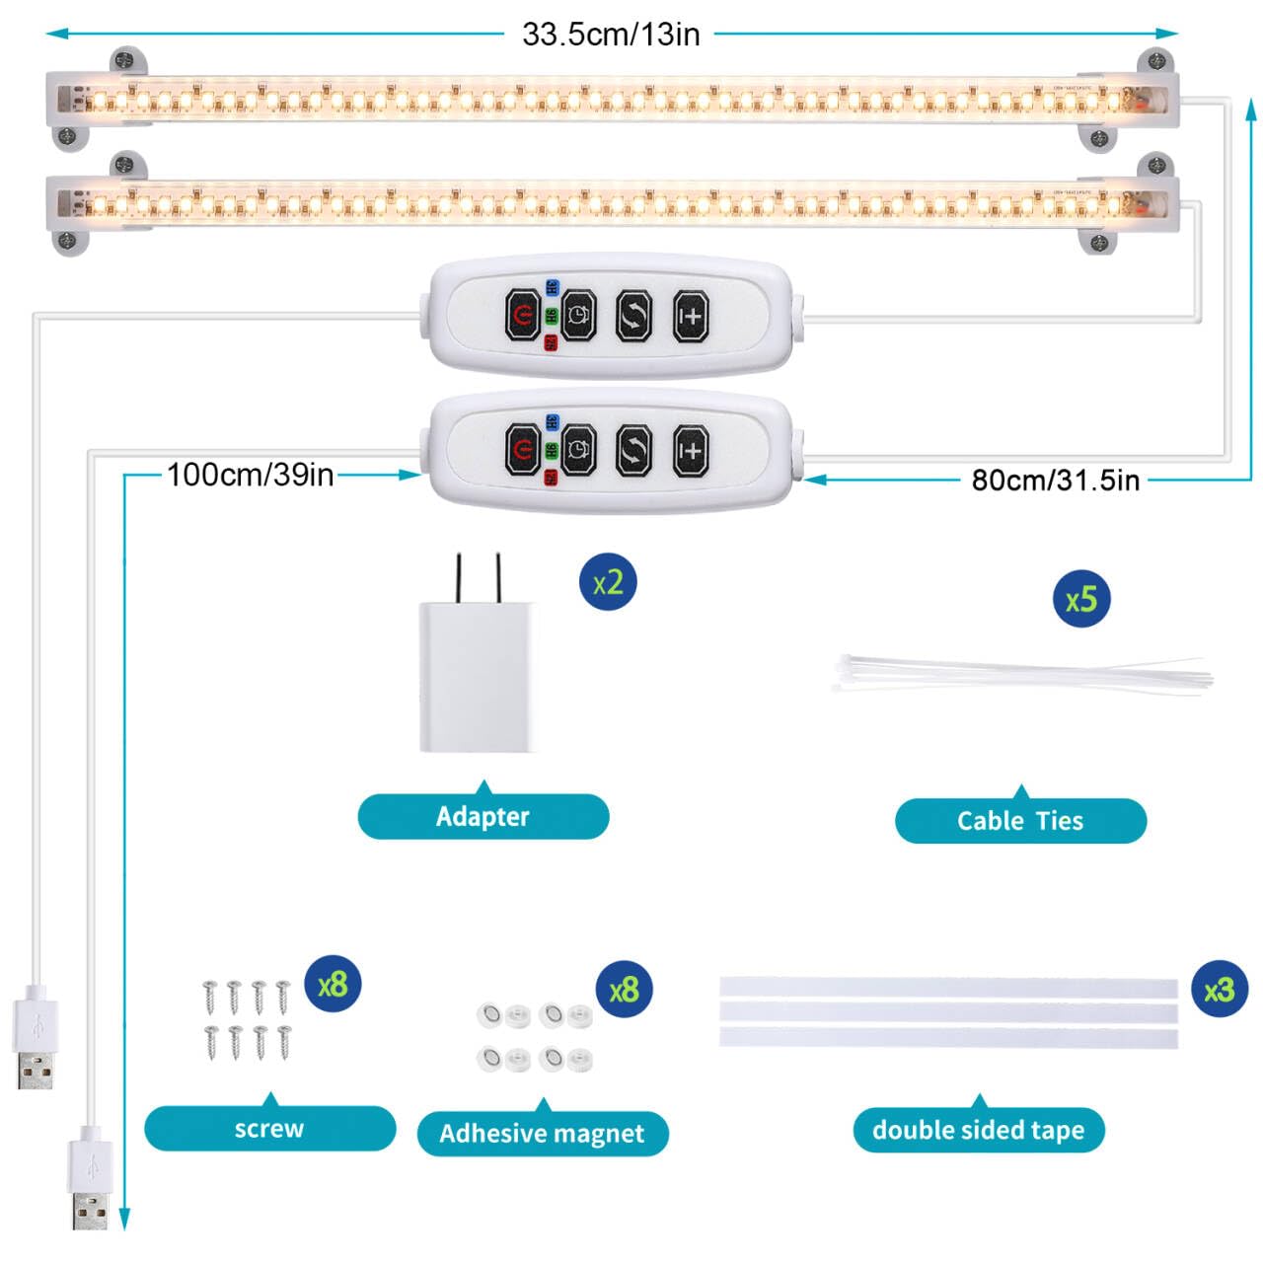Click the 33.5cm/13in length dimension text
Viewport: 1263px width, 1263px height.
click(x=611, y=35)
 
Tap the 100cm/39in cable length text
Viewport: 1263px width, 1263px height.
click(x=250, y=475)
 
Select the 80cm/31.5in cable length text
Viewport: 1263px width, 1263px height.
click(x=1055, y=481)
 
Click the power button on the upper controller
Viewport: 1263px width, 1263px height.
click(x=522, y=315)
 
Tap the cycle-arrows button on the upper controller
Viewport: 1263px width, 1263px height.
click(x=633, y=315)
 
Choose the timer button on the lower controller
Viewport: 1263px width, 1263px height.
click(x=578, y=450)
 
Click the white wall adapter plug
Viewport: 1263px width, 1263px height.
click(x=480, y=671)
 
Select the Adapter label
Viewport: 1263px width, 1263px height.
click(x=483, y=817)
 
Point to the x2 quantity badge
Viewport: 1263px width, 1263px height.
click(x=608, y=582)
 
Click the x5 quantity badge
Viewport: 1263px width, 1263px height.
click(x=1081, y=599)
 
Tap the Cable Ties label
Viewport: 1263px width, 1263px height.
click(x=1020, y=821)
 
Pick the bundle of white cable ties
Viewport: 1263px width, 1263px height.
click(x=1021, y=676)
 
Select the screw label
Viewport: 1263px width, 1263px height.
click(x=269, y=1129)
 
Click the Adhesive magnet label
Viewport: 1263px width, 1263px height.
click(x=542, y=1134)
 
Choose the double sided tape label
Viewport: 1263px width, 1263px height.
click(x=978, y=1130)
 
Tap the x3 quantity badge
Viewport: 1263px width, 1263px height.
click(x=1220, y=990)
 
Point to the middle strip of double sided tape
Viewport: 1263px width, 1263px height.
click(x=948, y=1012)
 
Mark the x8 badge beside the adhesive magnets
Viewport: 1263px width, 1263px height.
click(x=624, y=990)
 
